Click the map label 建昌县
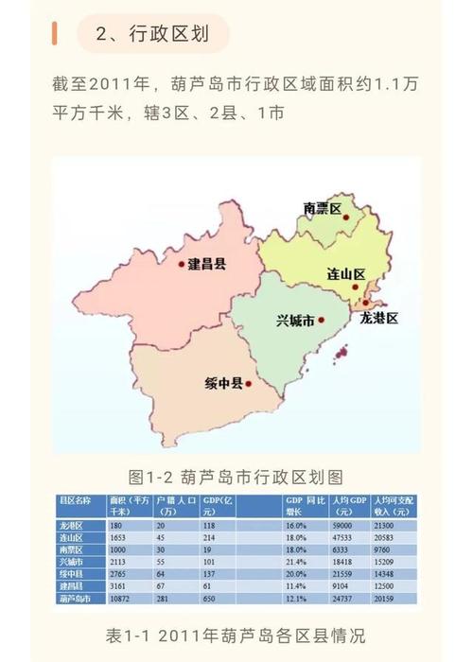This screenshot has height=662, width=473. point(206,264)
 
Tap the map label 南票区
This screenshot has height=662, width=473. point(322,209)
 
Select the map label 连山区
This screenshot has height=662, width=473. point(346,274)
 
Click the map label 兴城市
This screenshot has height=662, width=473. point(296,322)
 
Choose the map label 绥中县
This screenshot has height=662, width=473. point(223,384)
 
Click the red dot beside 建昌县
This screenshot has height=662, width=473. point(182,265)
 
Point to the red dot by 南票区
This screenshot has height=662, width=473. point(347,218)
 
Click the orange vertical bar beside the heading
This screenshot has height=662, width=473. point(55,34)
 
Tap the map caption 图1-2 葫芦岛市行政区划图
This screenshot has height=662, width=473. point(235,475)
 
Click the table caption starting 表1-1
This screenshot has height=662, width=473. point(236,634)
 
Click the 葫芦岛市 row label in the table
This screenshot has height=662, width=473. point(77,600)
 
